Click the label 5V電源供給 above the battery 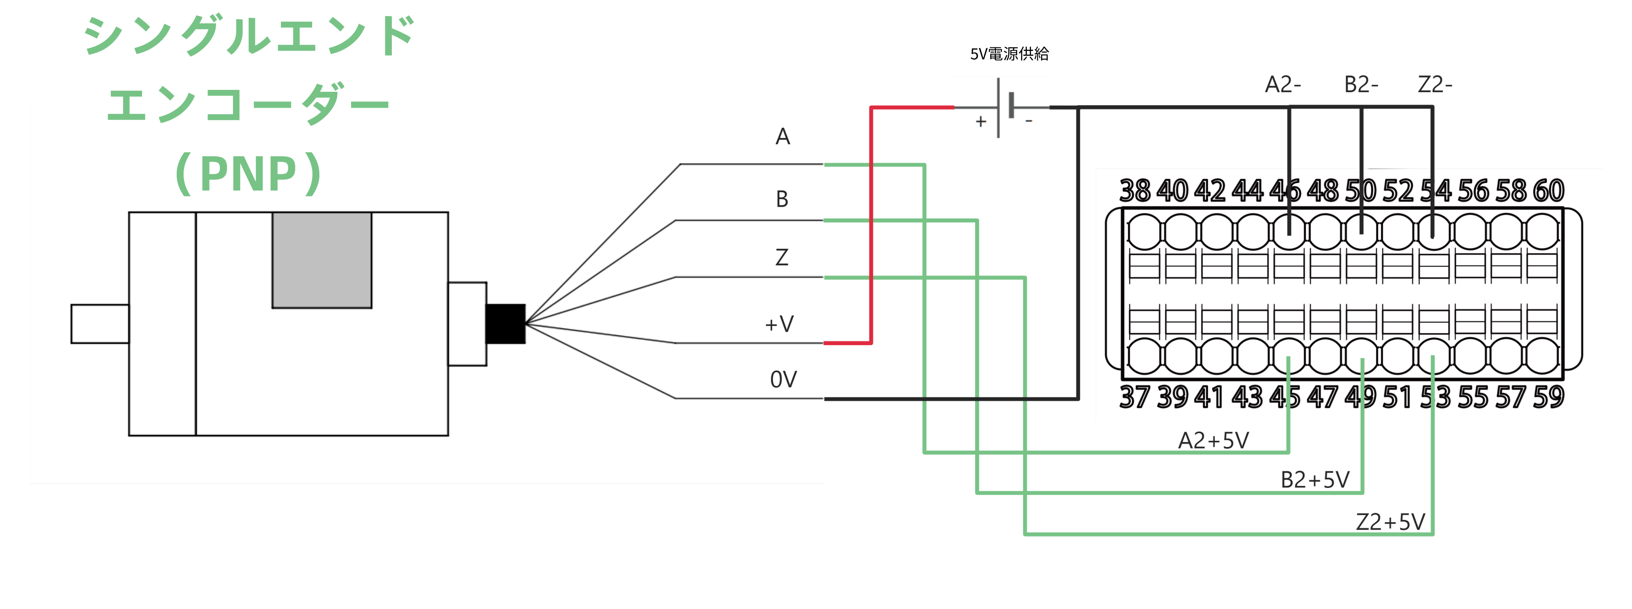coord(1009,54)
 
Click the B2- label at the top coord(1361,84)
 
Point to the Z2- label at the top coord(1435,84)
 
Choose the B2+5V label coord(1315,480)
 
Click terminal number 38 coord(1135,191)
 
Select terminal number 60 coord(1548,191)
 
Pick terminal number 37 coord(1135,397)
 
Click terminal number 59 coord(1548,397)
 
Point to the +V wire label coord(779,324)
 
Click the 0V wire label coord(783,380)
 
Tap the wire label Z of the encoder coord(782,257)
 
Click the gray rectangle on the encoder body coord(322,260)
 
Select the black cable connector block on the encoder coord(505,324)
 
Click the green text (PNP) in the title coord(248,173)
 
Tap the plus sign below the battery coord(981,121)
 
